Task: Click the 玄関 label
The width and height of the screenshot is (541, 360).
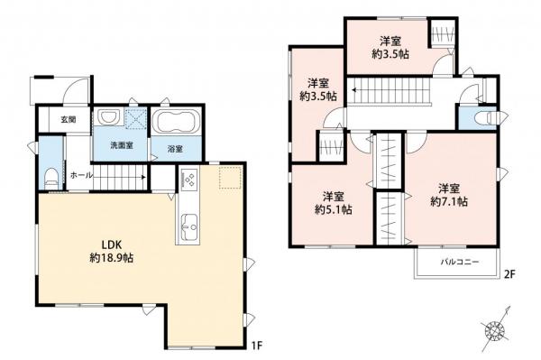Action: point(68,119)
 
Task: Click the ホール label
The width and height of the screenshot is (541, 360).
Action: point(78,173)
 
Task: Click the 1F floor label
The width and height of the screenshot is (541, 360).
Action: point(257,343)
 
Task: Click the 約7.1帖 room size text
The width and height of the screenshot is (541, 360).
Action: point(450,201)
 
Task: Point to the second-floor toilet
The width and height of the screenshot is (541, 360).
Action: point(478,118)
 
